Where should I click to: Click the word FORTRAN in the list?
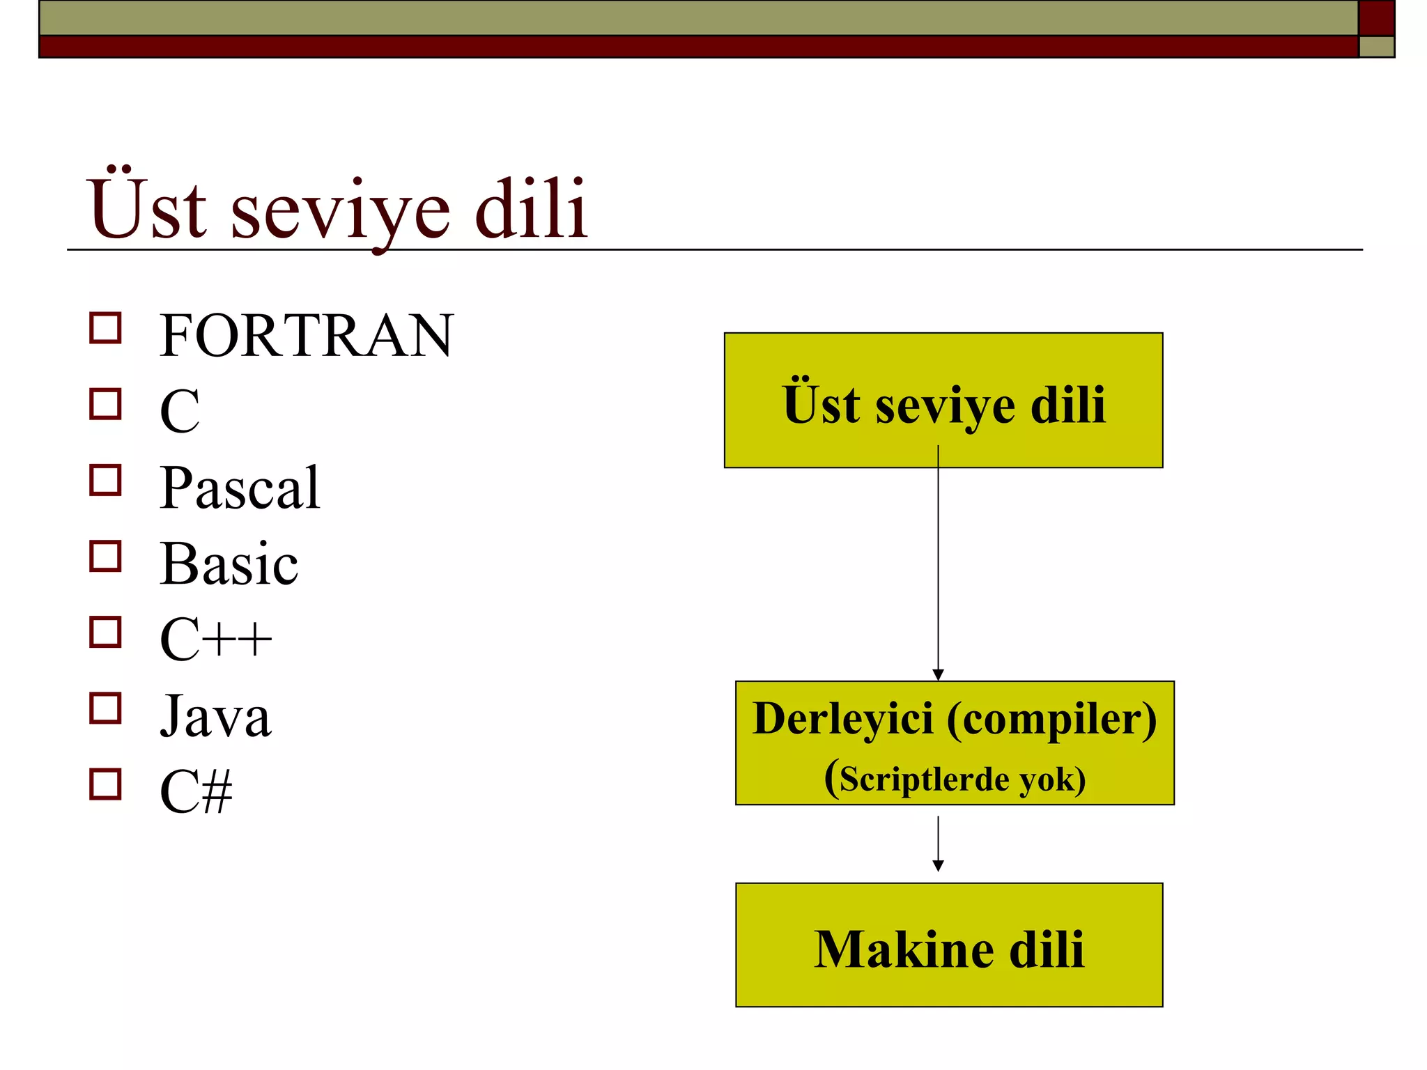307,336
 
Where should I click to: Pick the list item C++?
215,639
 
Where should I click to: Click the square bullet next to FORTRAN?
105,327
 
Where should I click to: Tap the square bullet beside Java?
105,708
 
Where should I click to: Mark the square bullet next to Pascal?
105,480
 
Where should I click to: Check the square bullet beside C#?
105,784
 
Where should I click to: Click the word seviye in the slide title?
340,210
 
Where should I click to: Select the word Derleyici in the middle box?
842,718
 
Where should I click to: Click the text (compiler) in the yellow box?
1051,720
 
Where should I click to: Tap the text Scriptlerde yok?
962,779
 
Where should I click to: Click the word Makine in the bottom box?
904,949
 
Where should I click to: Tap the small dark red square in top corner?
1376,17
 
